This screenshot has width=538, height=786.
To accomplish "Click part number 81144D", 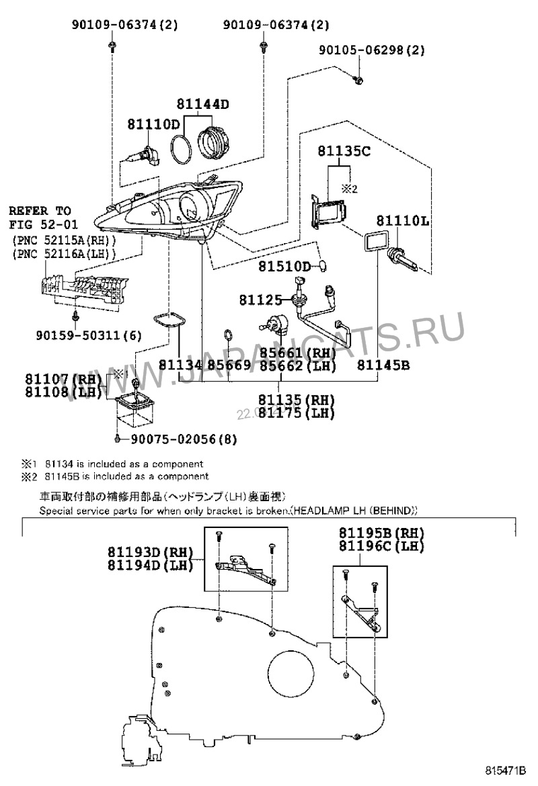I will pos(203,104).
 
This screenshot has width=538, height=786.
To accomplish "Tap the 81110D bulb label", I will pos(154,124).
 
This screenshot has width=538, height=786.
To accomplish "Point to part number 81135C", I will pos(344,152).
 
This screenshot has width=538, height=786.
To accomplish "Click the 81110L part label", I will pos(402,220).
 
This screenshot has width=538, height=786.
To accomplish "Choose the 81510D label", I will pos(284,267).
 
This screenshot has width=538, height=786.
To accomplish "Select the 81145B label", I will pos(383,365).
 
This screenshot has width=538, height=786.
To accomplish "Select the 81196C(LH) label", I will pos(381,546).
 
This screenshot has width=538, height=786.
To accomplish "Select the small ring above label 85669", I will pos(228,333).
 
